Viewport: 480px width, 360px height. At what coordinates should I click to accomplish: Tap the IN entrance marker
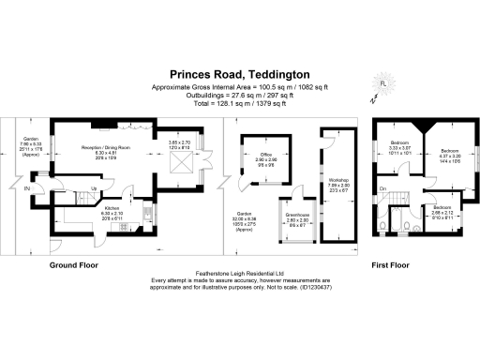tap(27, 190)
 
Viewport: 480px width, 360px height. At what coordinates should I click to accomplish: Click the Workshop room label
tap(337, 179)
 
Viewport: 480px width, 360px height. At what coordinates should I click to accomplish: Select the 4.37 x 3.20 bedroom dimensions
tap(450, 156)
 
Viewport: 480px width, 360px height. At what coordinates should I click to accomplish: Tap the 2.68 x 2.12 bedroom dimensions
tap(442, 211)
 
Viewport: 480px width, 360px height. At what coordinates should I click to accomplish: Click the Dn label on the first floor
tap(383, 190)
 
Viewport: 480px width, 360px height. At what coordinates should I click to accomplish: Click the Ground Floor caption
tap(75, 266)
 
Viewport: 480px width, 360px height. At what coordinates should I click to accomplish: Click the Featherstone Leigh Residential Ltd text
tap(238, 273)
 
